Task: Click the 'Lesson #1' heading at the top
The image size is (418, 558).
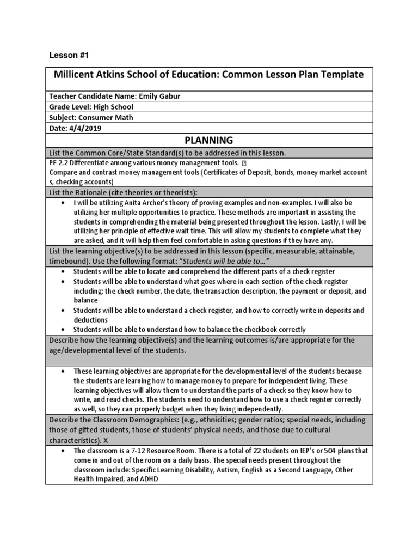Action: point(69,56)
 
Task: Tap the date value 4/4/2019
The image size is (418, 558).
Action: point(85,128)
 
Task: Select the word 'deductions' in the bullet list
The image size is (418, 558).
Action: point(91,320)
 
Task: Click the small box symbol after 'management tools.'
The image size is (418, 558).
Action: point(243,163)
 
